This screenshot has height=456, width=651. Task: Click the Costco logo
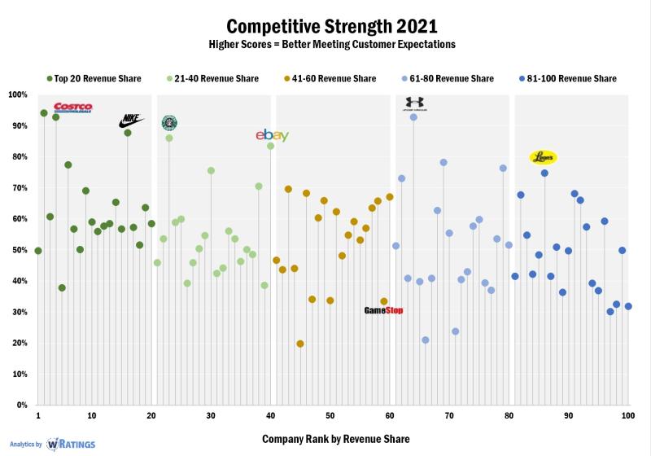pyautogui.click(x=73, y=107)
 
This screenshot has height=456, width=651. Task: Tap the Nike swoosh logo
pyautogui.click(x=130, y=121)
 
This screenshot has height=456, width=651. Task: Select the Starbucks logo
pyautogui.click(x=169, y=123)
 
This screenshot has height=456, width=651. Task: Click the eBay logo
pyautogui.click(x=271, y=135)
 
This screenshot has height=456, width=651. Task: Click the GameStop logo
pyautogui.click(x=383, y=310)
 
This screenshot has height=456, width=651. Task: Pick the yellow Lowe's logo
pyautogui.click(x=543, y=156)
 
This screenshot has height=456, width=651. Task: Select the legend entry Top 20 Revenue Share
pyautogui.click(x=94, y=79)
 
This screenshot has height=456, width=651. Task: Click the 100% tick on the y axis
pyautogui.click(x=18, y=94)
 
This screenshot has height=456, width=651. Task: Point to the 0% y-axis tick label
pyautogui.click(x=21, y=405)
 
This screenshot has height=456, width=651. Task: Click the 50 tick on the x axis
pyautogui.click(x=330, y=415)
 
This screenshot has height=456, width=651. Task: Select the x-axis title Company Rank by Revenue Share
pyautogui.click(x=335, y=439)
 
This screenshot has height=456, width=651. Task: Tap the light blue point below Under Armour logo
pyautogui.click(x=413, y=117)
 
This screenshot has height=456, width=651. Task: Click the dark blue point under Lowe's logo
pyautogui.click(x=544, y=173)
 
